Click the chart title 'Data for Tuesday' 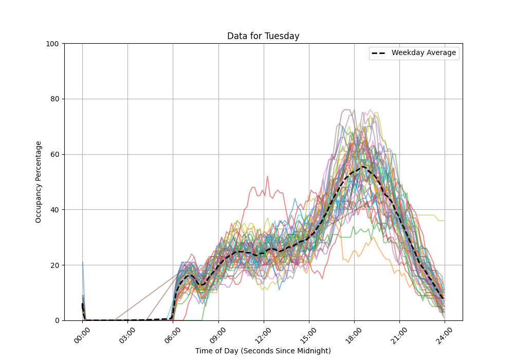click(263, 36)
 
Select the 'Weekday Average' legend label click(424, 53)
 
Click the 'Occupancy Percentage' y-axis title click(39, 182)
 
